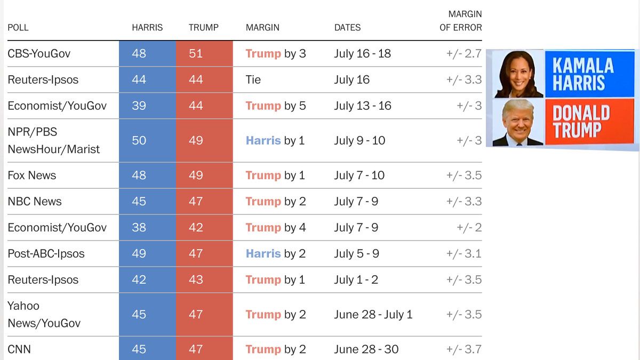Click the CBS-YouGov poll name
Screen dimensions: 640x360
39,54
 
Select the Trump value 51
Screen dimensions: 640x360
196,54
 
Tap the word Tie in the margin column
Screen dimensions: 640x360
253,79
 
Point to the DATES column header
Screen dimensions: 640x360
347,27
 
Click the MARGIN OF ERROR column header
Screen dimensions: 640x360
461,21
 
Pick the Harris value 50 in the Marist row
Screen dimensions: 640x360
139,141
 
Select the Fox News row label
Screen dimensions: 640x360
31,175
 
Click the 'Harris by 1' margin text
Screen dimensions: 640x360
275,141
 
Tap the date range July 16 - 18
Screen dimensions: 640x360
362,54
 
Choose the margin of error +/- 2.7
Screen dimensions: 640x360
464,54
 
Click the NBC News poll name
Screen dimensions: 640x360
35,202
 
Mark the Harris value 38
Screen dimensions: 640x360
139,228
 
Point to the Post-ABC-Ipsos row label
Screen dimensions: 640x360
46,254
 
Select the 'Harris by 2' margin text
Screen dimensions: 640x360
276,254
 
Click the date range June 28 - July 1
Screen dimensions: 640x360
373,315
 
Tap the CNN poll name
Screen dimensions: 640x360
19,349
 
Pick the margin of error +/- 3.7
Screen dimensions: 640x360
464,349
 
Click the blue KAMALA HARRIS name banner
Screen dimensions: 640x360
589,74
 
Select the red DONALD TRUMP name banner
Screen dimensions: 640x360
589,122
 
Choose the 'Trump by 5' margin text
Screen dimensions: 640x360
276,106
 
